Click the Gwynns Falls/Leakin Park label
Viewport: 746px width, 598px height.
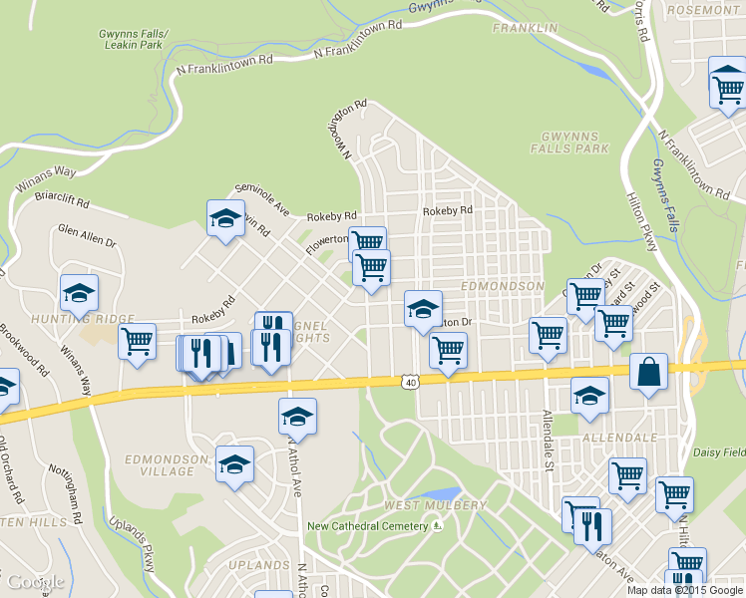click(134, 39)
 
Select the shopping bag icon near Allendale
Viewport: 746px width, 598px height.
click(649, 372)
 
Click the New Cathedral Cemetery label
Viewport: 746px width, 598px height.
click(368, 526)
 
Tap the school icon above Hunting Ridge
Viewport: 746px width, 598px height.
click(79, 293)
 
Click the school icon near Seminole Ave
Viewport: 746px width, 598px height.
click(225, 218)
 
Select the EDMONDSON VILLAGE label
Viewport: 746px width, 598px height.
click(166, 464)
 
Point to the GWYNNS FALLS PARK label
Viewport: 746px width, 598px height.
click(574, 142)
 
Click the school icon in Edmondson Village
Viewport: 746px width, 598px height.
click(234, 464)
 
